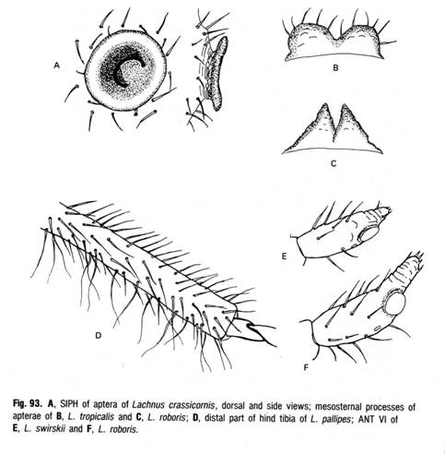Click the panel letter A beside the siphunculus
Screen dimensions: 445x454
(x=56, y=66)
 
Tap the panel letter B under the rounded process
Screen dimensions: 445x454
(x=335, y=67)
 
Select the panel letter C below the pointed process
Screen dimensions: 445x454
(x=334, y=163)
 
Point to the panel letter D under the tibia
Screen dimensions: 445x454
(x=98, y=335)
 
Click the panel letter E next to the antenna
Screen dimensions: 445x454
(x=284, y=256)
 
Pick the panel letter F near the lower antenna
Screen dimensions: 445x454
(x=306, y=367)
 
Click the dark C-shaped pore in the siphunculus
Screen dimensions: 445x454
(x=127, y=72)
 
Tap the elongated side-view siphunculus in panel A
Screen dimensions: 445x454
(x=217, y=73)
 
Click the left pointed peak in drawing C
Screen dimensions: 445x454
(x=324, y=105)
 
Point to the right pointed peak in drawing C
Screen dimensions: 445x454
(x=345, y=105)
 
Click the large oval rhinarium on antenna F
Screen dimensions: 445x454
(x=395, y=303)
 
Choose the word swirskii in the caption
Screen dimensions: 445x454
(x=50, y=429)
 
